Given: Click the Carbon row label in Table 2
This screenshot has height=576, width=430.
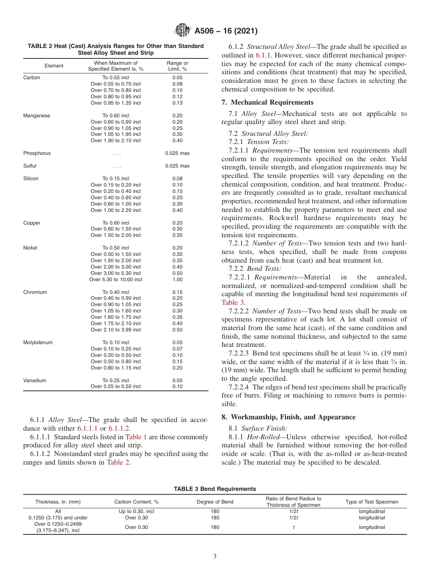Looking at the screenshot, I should click(x=32, y=77).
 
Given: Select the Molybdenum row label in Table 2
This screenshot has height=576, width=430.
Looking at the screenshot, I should click(x=38, y=342).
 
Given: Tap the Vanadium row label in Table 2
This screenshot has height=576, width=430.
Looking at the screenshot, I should click(x=35, y=380).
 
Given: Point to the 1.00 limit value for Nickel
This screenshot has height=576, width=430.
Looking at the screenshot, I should click(x=177, y=279).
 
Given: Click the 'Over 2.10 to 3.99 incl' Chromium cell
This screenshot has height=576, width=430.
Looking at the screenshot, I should click(x=115, y=330).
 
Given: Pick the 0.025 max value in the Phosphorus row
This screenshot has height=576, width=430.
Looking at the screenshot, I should click(x=177, y=153).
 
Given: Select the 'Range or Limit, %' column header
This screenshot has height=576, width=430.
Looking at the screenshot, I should click(x=177, y=66).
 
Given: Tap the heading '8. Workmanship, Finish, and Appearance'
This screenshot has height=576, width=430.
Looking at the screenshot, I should click(x=288, y=417).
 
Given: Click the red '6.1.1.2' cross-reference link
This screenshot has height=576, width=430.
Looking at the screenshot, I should click(x=120, y=428).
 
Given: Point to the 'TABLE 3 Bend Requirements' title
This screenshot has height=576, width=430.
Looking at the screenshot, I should click(x=215, y=489).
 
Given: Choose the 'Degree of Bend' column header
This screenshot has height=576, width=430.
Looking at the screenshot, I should click(x=215, y=502).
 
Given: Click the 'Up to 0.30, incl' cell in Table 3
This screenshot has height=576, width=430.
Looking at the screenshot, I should click(x=136, y=511).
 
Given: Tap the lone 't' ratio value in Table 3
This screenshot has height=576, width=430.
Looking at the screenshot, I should click(x=294, y=527).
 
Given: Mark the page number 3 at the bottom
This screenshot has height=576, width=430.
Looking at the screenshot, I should click(x=215, y=557).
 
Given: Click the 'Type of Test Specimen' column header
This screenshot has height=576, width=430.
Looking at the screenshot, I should click(x=372, y=502).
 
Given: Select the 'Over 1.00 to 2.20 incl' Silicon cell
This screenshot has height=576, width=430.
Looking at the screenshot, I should click(x=115, y=210).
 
